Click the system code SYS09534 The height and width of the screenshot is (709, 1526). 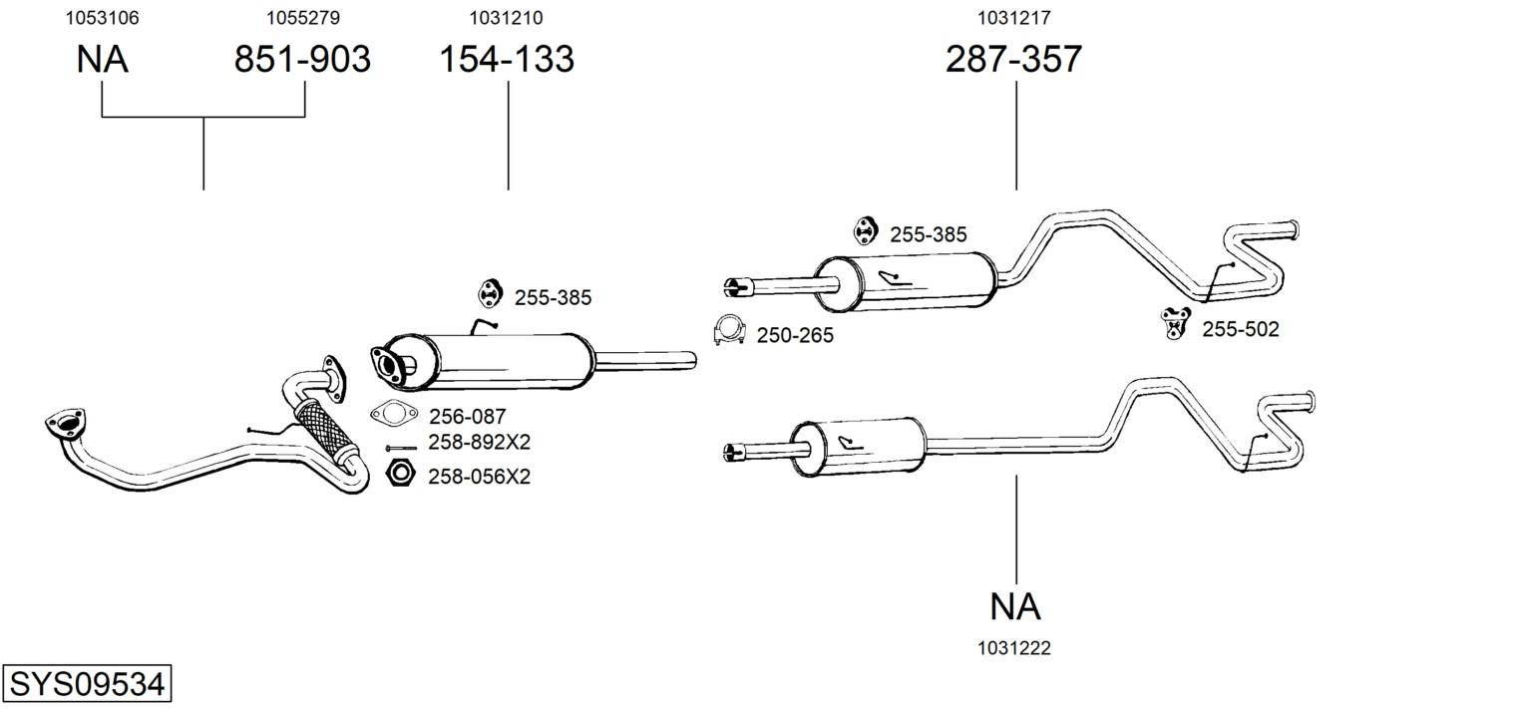click(87, 684)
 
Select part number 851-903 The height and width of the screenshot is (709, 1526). click(302, 59)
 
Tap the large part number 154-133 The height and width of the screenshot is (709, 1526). click(507, 59)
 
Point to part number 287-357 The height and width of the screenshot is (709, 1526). click(1013, 59)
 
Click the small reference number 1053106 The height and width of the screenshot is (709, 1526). click(102, 18)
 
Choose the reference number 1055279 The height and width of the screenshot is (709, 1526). click(303, 18)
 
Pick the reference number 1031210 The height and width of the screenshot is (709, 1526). click(506, 18)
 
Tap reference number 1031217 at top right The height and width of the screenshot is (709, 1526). click(1014, 18)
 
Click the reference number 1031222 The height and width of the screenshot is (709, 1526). click(1014, 648)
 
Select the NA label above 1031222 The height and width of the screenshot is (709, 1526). click(1015, 606)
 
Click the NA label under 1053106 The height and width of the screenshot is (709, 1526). click(102, 59)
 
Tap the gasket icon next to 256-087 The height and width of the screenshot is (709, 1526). click(394, 414)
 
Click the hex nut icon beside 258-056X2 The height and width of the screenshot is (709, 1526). click(400, 473)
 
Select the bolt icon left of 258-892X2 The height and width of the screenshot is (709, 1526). click(401, 448)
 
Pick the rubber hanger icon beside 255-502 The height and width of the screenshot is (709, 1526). click(1175, 323)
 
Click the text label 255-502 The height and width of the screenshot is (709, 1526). click(1241, 330)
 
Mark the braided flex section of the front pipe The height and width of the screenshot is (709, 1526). click(325, 430)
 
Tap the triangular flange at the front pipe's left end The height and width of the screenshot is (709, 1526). click(66, 424)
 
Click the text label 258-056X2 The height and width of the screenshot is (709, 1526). click(479, 477)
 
